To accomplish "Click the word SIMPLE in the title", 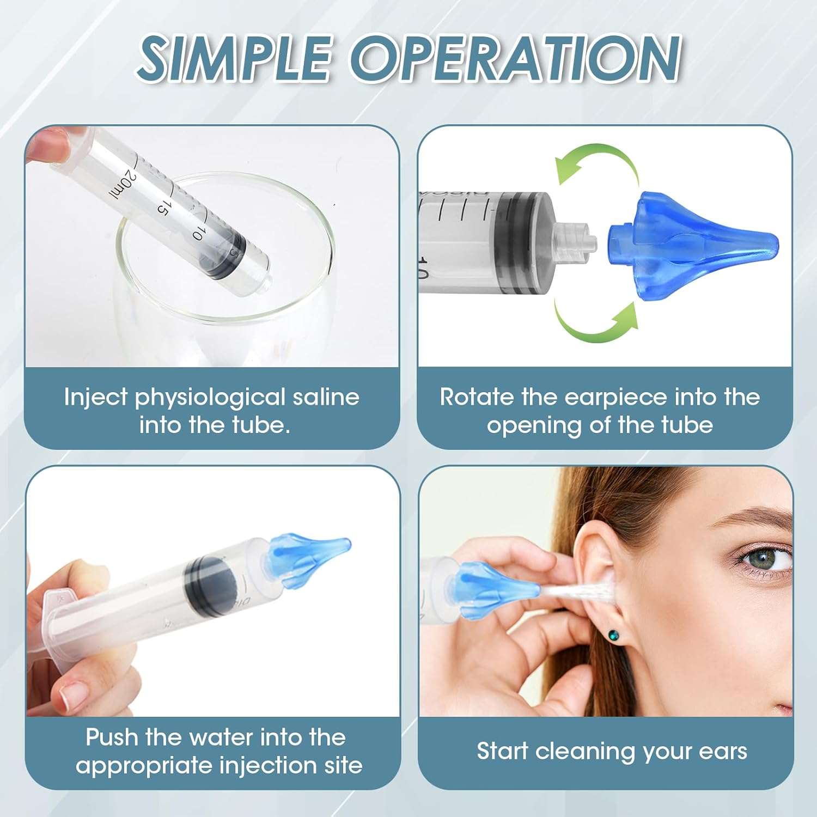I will click(x=234, y=59).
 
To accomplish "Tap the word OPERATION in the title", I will click(x=515, y=59).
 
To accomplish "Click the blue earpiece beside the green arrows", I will click(x=692, y=243).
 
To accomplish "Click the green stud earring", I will click(x=613, y=635).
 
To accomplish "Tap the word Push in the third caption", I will click(x=111, y=737).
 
